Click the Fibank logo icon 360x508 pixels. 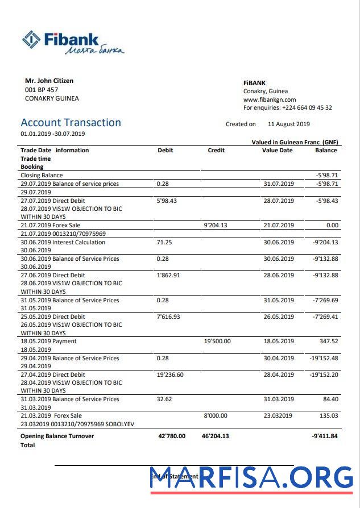point(31,39)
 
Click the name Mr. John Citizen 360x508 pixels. point(49,81)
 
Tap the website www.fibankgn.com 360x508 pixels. point(270,99)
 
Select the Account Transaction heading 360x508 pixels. point(71,123)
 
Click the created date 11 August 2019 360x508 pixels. point(288,124)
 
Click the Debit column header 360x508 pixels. point(165,150)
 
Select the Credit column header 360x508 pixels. point(216,150)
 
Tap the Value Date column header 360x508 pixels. point(277,150)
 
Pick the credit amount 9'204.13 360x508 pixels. point(216,225)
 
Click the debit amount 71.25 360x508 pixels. point(164,242)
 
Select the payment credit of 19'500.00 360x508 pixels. point(217,342)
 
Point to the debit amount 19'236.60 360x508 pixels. point(169,374)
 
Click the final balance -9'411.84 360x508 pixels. point(325,436)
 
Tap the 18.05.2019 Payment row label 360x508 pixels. point(49,342)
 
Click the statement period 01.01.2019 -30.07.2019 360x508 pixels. point(53,134)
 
